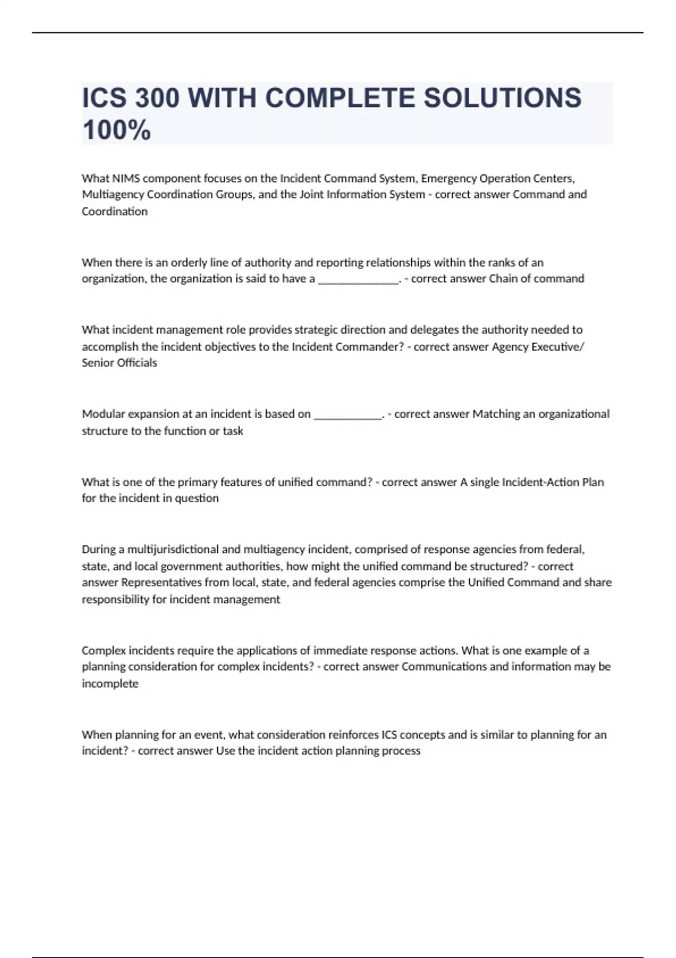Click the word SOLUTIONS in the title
[502, 97]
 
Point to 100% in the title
[117, 130]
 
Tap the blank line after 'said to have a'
[358, 279]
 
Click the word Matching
[496, 414]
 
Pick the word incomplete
[110, 684]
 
